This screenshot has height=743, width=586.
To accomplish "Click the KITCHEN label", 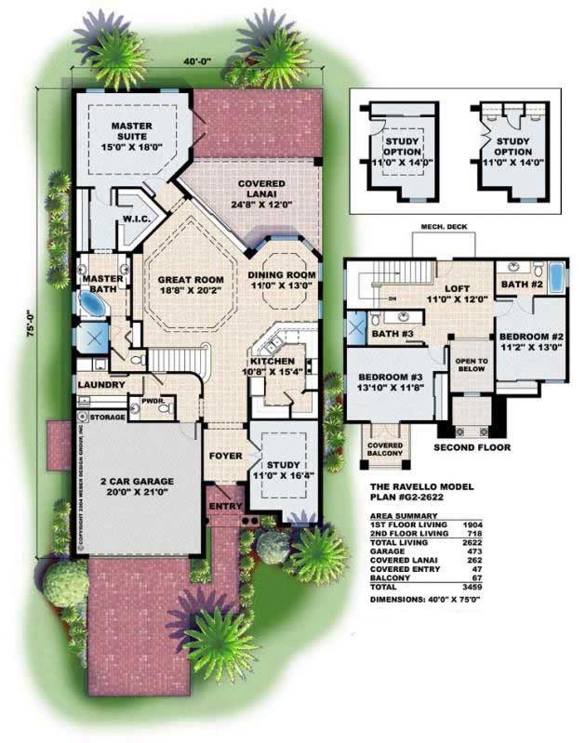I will point(273,361).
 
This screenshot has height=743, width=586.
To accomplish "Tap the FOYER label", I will point(225,457).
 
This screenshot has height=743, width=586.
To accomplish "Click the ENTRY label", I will point(227,507).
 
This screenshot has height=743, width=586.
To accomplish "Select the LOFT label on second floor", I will point(459,289).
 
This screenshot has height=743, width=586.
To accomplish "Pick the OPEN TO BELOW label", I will point(469,361).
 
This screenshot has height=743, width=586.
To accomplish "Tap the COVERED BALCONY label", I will point(384,449).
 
